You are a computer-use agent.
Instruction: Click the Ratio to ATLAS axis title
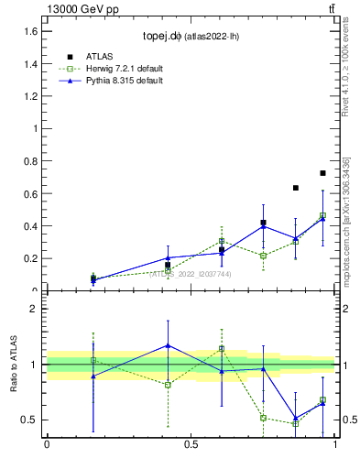tap(15, 365)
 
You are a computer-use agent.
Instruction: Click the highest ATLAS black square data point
tap(322, 173)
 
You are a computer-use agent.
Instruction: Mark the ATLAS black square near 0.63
tap(296, 188)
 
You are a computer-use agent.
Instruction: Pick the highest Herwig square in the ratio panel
tap(222, 349)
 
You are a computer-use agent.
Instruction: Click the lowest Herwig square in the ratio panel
tap(296, 423)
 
